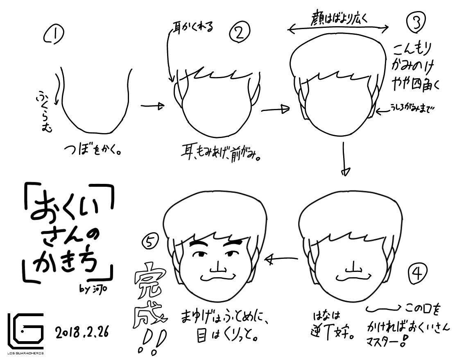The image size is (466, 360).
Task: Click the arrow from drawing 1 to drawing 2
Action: (x=152, y=106)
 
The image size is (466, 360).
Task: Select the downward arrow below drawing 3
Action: (x=345, y=160)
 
